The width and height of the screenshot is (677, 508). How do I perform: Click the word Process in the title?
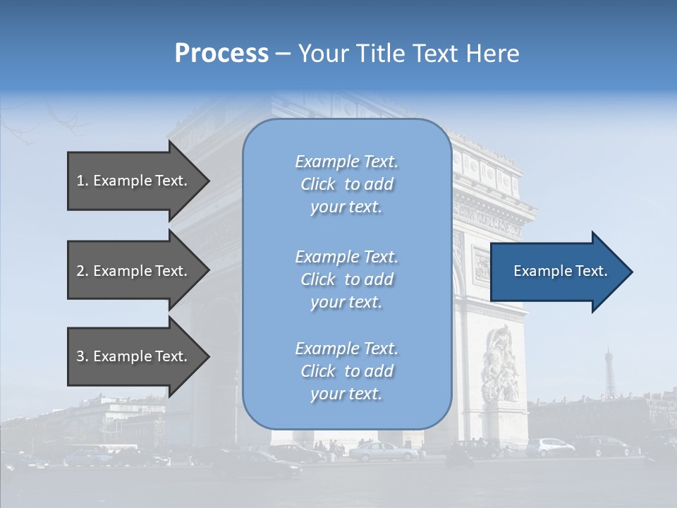(x=221, y=54)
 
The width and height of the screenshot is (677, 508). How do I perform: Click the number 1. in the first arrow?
(x=83, y=181)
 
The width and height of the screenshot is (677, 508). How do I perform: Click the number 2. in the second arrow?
(x=83, y=271)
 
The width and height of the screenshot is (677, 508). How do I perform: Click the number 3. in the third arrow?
(x=83, y=356)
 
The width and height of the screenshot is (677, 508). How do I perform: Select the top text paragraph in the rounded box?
(x=346, y=184)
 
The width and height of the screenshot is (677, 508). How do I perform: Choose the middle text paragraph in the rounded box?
(x=346, y=279)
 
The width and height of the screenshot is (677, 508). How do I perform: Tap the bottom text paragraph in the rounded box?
(x=346, y=371)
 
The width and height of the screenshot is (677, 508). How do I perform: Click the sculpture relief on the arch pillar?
(x=500, y=364)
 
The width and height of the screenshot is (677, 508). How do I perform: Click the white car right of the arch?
(x=551, y=447)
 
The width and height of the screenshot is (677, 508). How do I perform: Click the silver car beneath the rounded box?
(x=381, y=452)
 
